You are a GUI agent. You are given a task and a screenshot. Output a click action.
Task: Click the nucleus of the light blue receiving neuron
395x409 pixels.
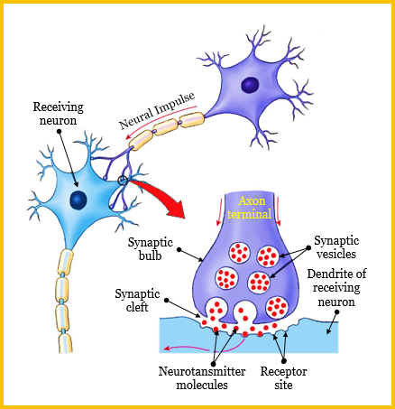click(x=78, y=200)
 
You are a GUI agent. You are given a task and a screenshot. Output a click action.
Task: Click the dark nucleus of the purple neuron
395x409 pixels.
click(x=250, y=84)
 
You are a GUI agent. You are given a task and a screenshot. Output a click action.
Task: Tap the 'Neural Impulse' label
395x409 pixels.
click(x=157, y=110)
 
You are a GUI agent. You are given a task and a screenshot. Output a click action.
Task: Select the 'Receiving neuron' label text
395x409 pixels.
click(x=58, y=114)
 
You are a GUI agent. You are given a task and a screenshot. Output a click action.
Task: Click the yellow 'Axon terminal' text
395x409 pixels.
click(x=249, y=208)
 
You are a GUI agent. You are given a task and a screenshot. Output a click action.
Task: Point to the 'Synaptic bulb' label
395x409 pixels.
click(x=150, y=248)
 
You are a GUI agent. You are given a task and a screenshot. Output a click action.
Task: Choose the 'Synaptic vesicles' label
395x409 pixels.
click(x=336, y=247)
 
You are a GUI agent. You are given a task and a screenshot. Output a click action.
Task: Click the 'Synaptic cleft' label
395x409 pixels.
click(x=137, y=301)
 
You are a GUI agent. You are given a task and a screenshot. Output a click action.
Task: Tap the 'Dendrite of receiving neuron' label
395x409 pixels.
click(x=336, y=287)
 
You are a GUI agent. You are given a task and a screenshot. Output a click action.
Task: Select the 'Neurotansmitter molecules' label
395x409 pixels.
click(x=202, y=377)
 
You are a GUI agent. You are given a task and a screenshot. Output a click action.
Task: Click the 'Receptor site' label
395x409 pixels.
click(x=283, y=377)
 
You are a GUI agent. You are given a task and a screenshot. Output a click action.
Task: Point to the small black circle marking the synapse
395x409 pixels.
click(x=123, y=181)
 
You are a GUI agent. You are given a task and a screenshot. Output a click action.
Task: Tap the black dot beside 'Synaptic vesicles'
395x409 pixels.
click(x=308, y=248)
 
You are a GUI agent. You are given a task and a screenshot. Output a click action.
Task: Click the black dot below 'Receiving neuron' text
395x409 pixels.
click(x=59, y=131)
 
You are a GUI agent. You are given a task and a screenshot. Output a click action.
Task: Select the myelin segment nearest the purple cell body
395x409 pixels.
click(x=192, y=119)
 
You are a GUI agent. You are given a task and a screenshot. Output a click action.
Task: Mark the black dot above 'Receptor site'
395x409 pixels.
click(x=284, y=360)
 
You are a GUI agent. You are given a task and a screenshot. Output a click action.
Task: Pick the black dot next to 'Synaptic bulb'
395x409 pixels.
click(x=179, y=249)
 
